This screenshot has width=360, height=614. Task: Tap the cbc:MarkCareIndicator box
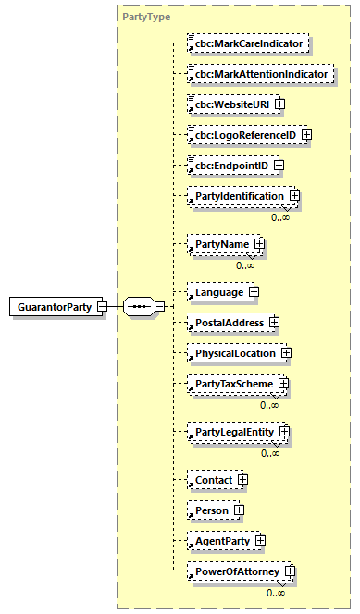(x=248, y=43)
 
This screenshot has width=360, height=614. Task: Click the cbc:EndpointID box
(x=226, y=166)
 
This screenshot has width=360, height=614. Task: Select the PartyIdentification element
(x=238, y=196)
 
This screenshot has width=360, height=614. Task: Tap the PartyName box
(x=220, y=245)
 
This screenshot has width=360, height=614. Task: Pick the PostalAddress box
(x=227, y=323)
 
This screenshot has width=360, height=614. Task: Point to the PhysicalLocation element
(x=233, y=353)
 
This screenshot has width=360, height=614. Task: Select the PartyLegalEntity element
(x=233, y=432)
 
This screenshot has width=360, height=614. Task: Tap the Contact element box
(x=212, y=480)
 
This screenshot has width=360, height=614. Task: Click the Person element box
(x=210, y=510)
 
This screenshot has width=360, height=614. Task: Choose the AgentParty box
(x=220, y=540)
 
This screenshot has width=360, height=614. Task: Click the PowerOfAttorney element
(x=237, y=571)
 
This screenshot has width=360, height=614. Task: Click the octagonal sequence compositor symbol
(x=140, y=306)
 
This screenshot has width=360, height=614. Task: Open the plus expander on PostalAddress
(x=274, y=323)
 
